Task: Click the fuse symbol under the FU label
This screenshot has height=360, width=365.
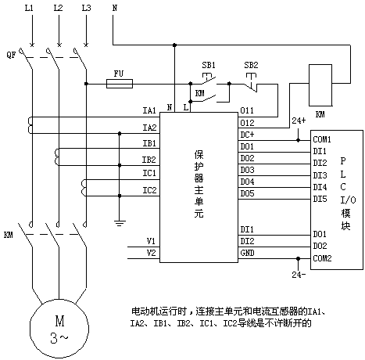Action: click(x=120, y=84)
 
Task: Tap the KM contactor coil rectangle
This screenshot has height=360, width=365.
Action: click(x=320, y=85)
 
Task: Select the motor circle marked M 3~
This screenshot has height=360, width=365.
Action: click(x=59, y=329)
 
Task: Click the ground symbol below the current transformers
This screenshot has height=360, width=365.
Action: click(x=120, y=223)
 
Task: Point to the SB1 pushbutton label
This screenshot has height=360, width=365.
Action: click(x=209, y=65)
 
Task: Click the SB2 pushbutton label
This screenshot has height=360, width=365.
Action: click(x=251, y=65)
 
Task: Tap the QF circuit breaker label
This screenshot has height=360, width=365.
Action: click(x=11, y=55)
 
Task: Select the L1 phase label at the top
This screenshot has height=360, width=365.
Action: click(x=29, y=8)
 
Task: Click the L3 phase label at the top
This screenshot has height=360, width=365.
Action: click(x=86, y=8)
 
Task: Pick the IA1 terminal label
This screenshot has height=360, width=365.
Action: click(x=149, y=110)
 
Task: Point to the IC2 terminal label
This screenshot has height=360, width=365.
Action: click(x=149, y=190)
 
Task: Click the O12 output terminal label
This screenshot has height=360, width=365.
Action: click(x=247, y=123)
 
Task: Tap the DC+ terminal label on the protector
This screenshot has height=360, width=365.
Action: click(x=247, y=135)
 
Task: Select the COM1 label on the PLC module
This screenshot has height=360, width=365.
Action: click(x=322, y=139)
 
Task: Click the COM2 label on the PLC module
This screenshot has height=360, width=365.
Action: click(x=322, y=258)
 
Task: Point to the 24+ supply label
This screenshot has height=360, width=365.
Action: click(x=299, y=121)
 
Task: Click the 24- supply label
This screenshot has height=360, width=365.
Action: click(x=299, y=275)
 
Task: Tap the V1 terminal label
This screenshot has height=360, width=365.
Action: click(x=151, y=241)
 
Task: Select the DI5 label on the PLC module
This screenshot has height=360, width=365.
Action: click(x=320, y=199)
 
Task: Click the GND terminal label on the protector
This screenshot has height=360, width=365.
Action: click(x=247, y=253)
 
